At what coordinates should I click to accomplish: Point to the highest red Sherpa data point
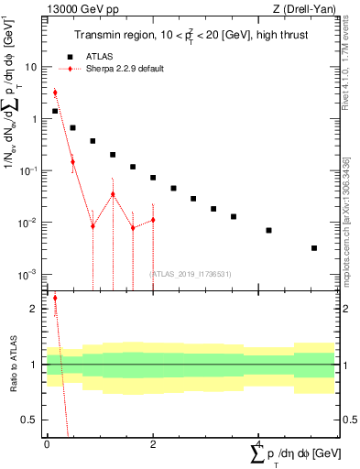(x=55, y=93)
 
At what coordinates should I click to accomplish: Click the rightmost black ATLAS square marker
(x=313, y=247)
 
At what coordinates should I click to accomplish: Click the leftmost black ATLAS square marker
(x=55, y=111)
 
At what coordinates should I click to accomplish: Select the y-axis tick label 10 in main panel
(x=30, y=67)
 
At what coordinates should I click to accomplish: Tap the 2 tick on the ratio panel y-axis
(x=33, y=309)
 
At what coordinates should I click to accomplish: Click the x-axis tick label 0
(x=47, y=443)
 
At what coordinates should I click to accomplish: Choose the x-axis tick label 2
(x=152, y=443)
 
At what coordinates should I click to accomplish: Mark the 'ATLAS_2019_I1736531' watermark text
(x=190, y=273)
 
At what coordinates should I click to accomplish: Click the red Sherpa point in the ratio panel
(x=55, y=298)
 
